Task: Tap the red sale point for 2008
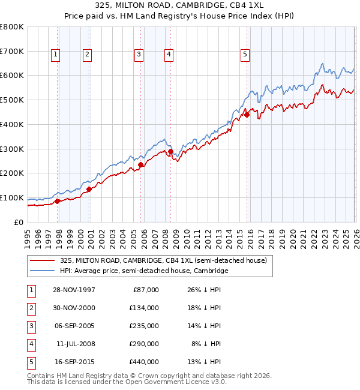click(170, 152)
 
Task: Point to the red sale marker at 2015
click(247, 115)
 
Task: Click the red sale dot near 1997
click(58, 201)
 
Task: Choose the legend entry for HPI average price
click(144, 271)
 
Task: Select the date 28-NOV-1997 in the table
click(74, 290)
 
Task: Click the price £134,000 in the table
click(144, 308)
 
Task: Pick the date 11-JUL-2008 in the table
click(74, 344)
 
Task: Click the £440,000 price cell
click(144, 362)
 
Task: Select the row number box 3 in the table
click(30, 326)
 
